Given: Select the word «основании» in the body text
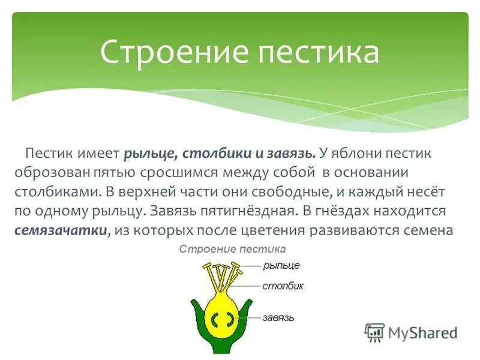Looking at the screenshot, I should click(379, 173).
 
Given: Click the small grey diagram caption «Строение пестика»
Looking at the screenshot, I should click(233, 248).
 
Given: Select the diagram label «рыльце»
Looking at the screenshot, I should click(281, 265).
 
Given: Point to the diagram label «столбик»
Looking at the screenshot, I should click(283, 286).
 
